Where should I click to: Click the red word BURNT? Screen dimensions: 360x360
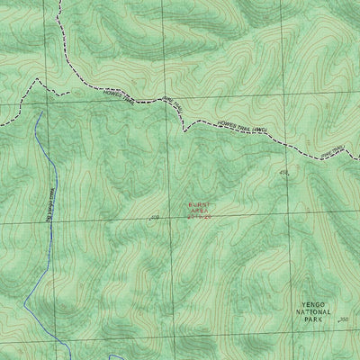pos(198,203)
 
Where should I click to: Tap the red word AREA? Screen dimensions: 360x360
pos(198,211)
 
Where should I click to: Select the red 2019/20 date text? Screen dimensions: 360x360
pos(198,218)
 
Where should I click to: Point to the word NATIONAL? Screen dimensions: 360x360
pos(312,312)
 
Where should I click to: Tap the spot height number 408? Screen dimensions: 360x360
pos(154,217)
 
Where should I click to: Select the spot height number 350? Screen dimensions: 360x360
pos(341,319)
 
